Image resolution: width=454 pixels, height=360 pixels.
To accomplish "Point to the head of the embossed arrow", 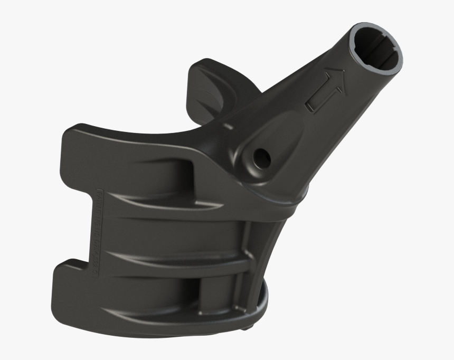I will pos(335,79).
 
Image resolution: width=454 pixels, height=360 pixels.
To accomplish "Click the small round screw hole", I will pos(260,156).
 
